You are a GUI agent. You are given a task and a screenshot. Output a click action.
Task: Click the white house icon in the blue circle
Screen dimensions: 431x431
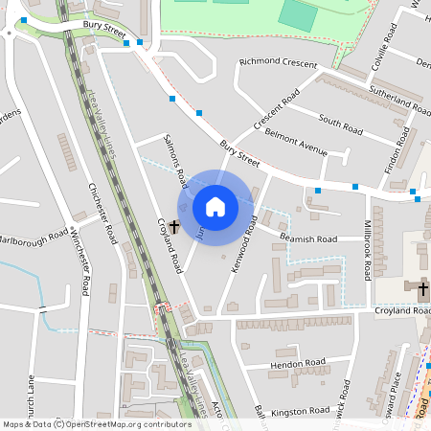(215, 206)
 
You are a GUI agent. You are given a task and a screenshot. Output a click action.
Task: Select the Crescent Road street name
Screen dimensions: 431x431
(277, 110)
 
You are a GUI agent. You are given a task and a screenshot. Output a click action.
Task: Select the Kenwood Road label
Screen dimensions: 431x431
(242, 242)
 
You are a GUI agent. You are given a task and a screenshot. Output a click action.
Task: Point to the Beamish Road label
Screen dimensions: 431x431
(308, 238)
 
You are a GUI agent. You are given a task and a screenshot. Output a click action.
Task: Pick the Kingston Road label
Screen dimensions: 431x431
(301, 411)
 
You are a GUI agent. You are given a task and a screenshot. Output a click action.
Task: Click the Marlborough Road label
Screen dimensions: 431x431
(34, 238)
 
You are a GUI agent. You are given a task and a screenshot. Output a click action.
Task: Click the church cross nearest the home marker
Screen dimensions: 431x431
(173, 227)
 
